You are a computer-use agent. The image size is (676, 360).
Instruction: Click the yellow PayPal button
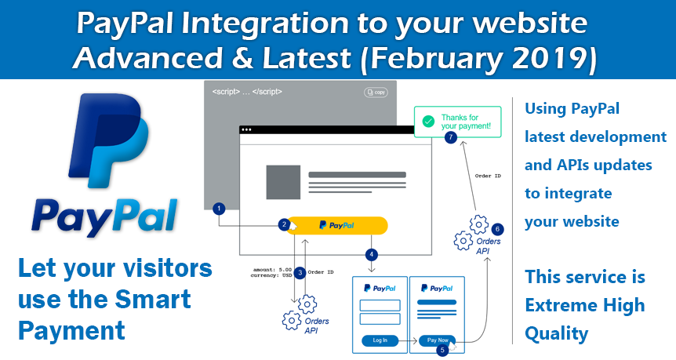pos(337,225)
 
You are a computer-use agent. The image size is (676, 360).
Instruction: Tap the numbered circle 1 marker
pos(220,209)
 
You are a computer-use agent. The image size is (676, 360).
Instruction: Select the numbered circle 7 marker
pos(450,137)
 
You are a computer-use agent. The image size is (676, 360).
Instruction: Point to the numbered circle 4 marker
pos(372,254)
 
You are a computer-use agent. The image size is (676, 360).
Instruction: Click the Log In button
pos(380,340)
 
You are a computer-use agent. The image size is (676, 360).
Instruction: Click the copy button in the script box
pos(376,93)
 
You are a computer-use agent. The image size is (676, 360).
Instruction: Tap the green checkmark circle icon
pos(427,122)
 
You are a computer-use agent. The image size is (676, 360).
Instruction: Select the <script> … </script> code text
pos(247,92)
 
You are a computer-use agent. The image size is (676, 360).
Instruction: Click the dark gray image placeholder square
pos(282,182)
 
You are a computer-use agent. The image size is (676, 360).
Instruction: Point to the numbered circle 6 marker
pos(497,229)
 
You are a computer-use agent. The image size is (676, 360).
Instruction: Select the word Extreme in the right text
pos(562,305)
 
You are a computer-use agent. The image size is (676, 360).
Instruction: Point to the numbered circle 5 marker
pos(443,351)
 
